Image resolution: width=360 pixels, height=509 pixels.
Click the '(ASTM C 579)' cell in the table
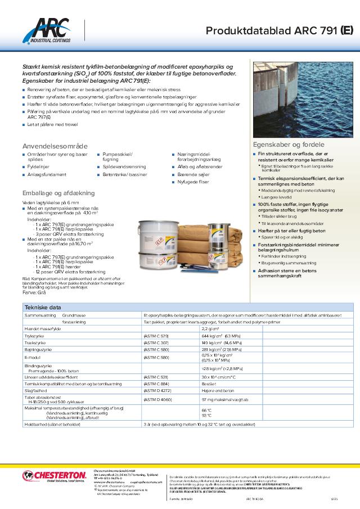[x=156, y=335]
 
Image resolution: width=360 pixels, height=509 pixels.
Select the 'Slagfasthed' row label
[x=35, y=390]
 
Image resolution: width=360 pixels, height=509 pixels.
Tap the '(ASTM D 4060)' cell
[x=157, y=399]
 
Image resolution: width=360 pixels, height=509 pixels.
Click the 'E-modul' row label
[x=31, y=357]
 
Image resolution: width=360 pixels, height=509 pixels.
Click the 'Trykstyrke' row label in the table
[x=34, y=335]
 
